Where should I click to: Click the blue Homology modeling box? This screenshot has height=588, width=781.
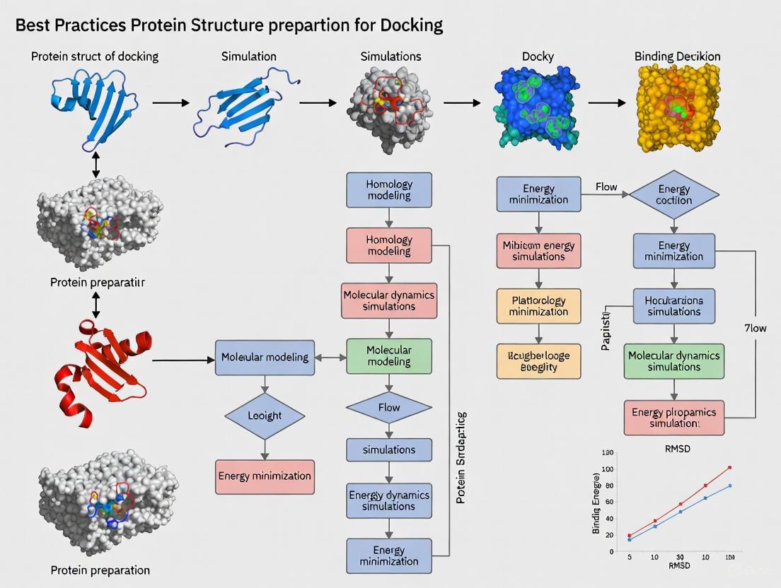point(388,189)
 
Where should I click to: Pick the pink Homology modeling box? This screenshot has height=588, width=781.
point(388,245)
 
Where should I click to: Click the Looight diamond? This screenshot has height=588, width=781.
point(264,416)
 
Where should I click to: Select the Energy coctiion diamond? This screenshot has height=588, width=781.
point(673,194)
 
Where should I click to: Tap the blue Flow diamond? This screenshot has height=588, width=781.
point(388,408)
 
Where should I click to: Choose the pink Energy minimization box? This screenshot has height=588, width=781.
point(265,476)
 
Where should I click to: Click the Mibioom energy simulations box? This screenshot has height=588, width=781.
point(538,251)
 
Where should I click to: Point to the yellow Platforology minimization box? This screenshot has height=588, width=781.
point(538,306)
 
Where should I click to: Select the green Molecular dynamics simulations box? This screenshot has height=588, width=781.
point(673,361)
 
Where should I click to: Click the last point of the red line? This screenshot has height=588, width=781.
point(729,467)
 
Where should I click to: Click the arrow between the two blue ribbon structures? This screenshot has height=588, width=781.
point(171,103)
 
